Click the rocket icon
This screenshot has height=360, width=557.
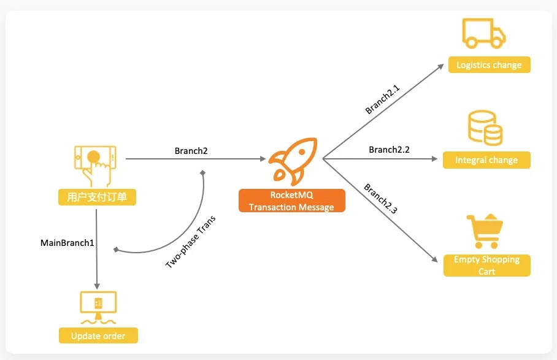293,160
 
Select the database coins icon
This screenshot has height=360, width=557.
485,128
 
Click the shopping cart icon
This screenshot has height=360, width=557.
485,230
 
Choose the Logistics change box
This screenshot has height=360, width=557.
489,65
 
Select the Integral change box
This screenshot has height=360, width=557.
486,160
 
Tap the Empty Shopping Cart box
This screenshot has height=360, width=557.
486,266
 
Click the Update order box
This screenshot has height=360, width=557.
98,336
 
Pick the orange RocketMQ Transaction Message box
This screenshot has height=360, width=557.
291,201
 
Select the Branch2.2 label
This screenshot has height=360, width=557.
389,150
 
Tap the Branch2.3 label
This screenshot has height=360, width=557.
380,198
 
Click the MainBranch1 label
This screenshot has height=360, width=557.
67,243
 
